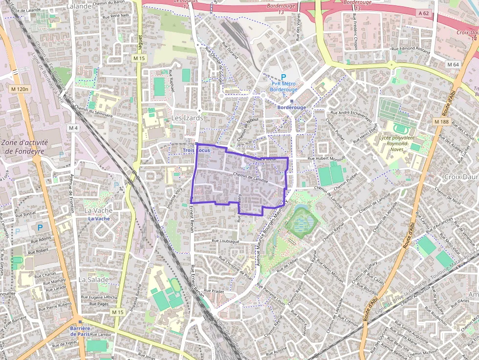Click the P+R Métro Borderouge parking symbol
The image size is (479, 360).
[283, 77]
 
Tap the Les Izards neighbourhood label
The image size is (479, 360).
[187, 118]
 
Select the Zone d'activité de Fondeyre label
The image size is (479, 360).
[24, 147]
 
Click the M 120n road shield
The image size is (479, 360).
[20, 89]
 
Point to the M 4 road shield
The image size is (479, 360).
[73, 128]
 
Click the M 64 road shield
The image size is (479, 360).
[453, 64]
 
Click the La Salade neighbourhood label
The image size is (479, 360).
[93, 280]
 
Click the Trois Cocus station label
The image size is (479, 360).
[196, 150]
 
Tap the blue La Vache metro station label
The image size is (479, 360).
[99, 219]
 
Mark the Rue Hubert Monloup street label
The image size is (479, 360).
[326, 159]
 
